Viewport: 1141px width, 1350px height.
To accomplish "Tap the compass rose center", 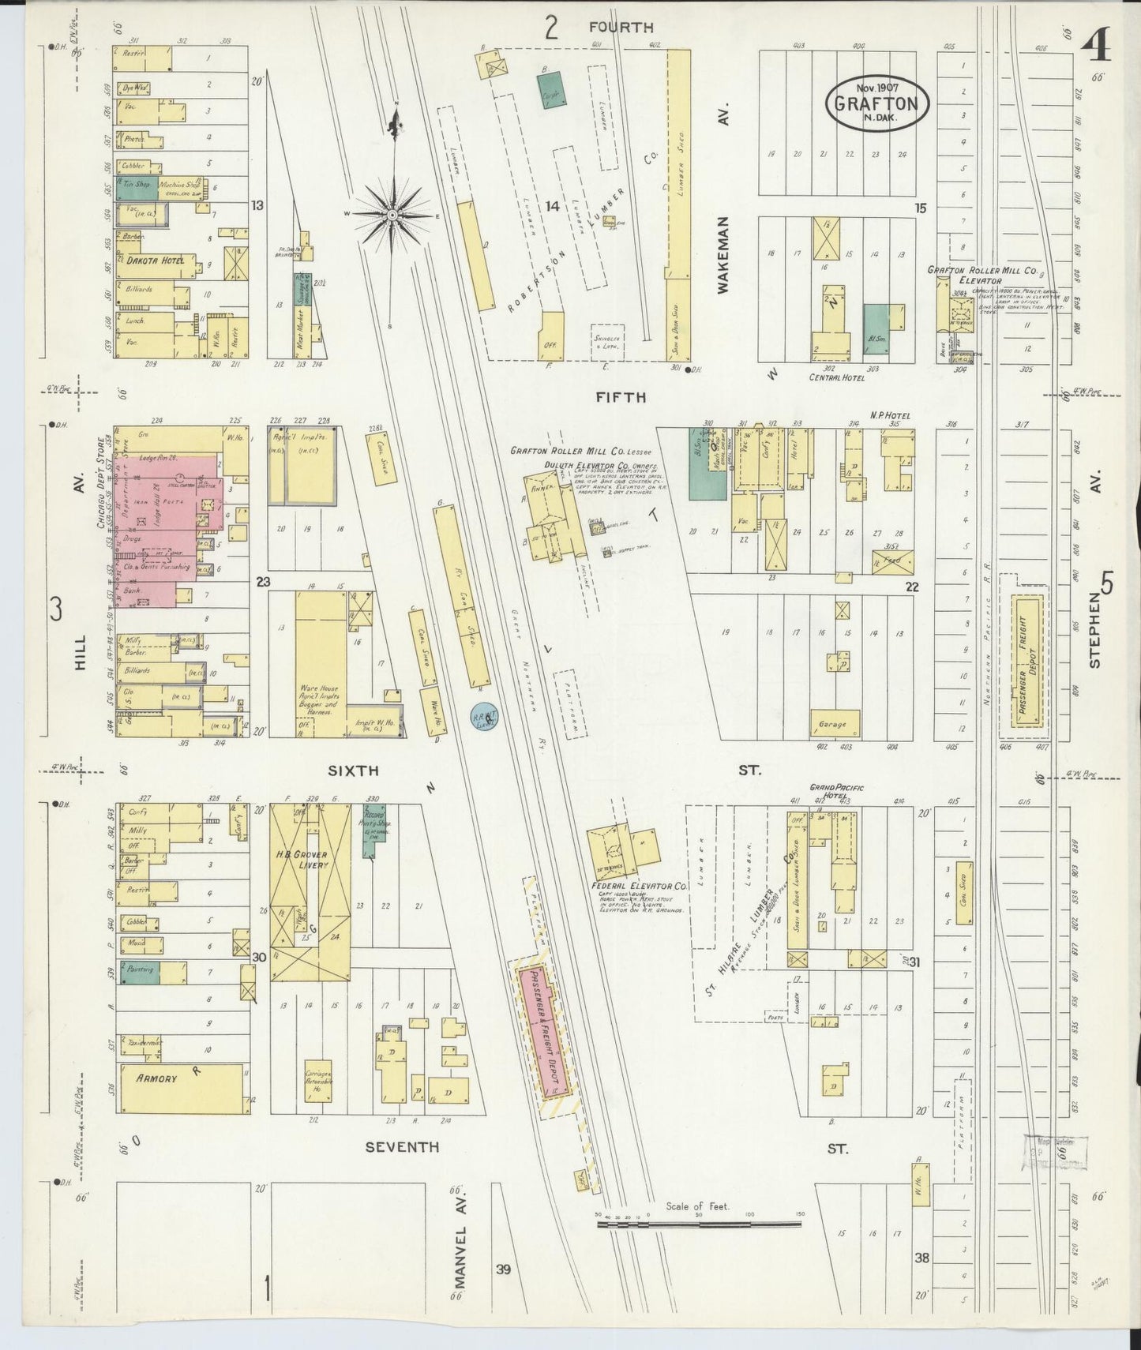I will point(392,215).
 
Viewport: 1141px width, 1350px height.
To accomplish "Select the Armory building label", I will point(156,1078).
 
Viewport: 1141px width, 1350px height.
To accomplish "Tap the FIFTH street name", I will point(627,397).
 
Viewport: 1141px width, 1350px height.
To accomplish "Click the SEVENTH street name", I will point(401,1147).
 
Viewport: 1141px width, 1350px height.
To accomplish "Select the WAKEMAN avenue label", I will point(724,256).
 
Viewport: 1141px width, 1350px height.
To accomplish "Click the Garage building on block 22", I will point(834,723).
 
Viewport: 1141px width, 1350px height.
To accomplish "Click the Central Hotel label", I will point(837,378).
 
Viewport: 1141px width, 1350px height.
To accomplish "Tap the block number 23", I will point(263,583).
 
